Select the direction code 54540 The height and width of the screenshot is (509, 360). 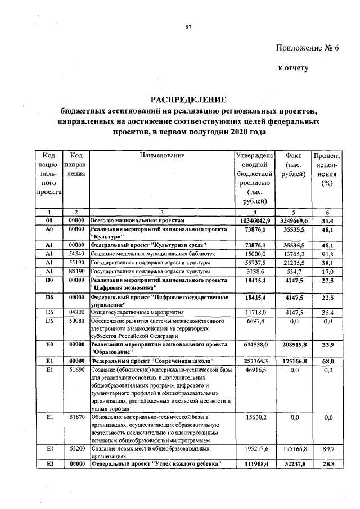(x=76, y=254)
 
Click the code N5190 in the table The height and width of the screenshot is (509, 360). (x=76, y=271)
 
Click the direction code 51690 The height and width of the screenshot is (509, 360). (x=76, y=370)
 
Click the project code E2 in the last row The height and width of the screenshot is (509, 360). (x=49, y=463)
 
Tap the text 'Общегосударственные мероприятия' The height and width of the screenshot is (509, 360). (x=138, y=311)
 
